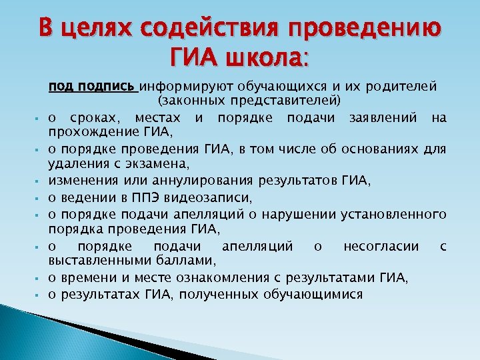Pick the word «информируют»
181,87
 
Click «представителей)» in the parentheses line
290,101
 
